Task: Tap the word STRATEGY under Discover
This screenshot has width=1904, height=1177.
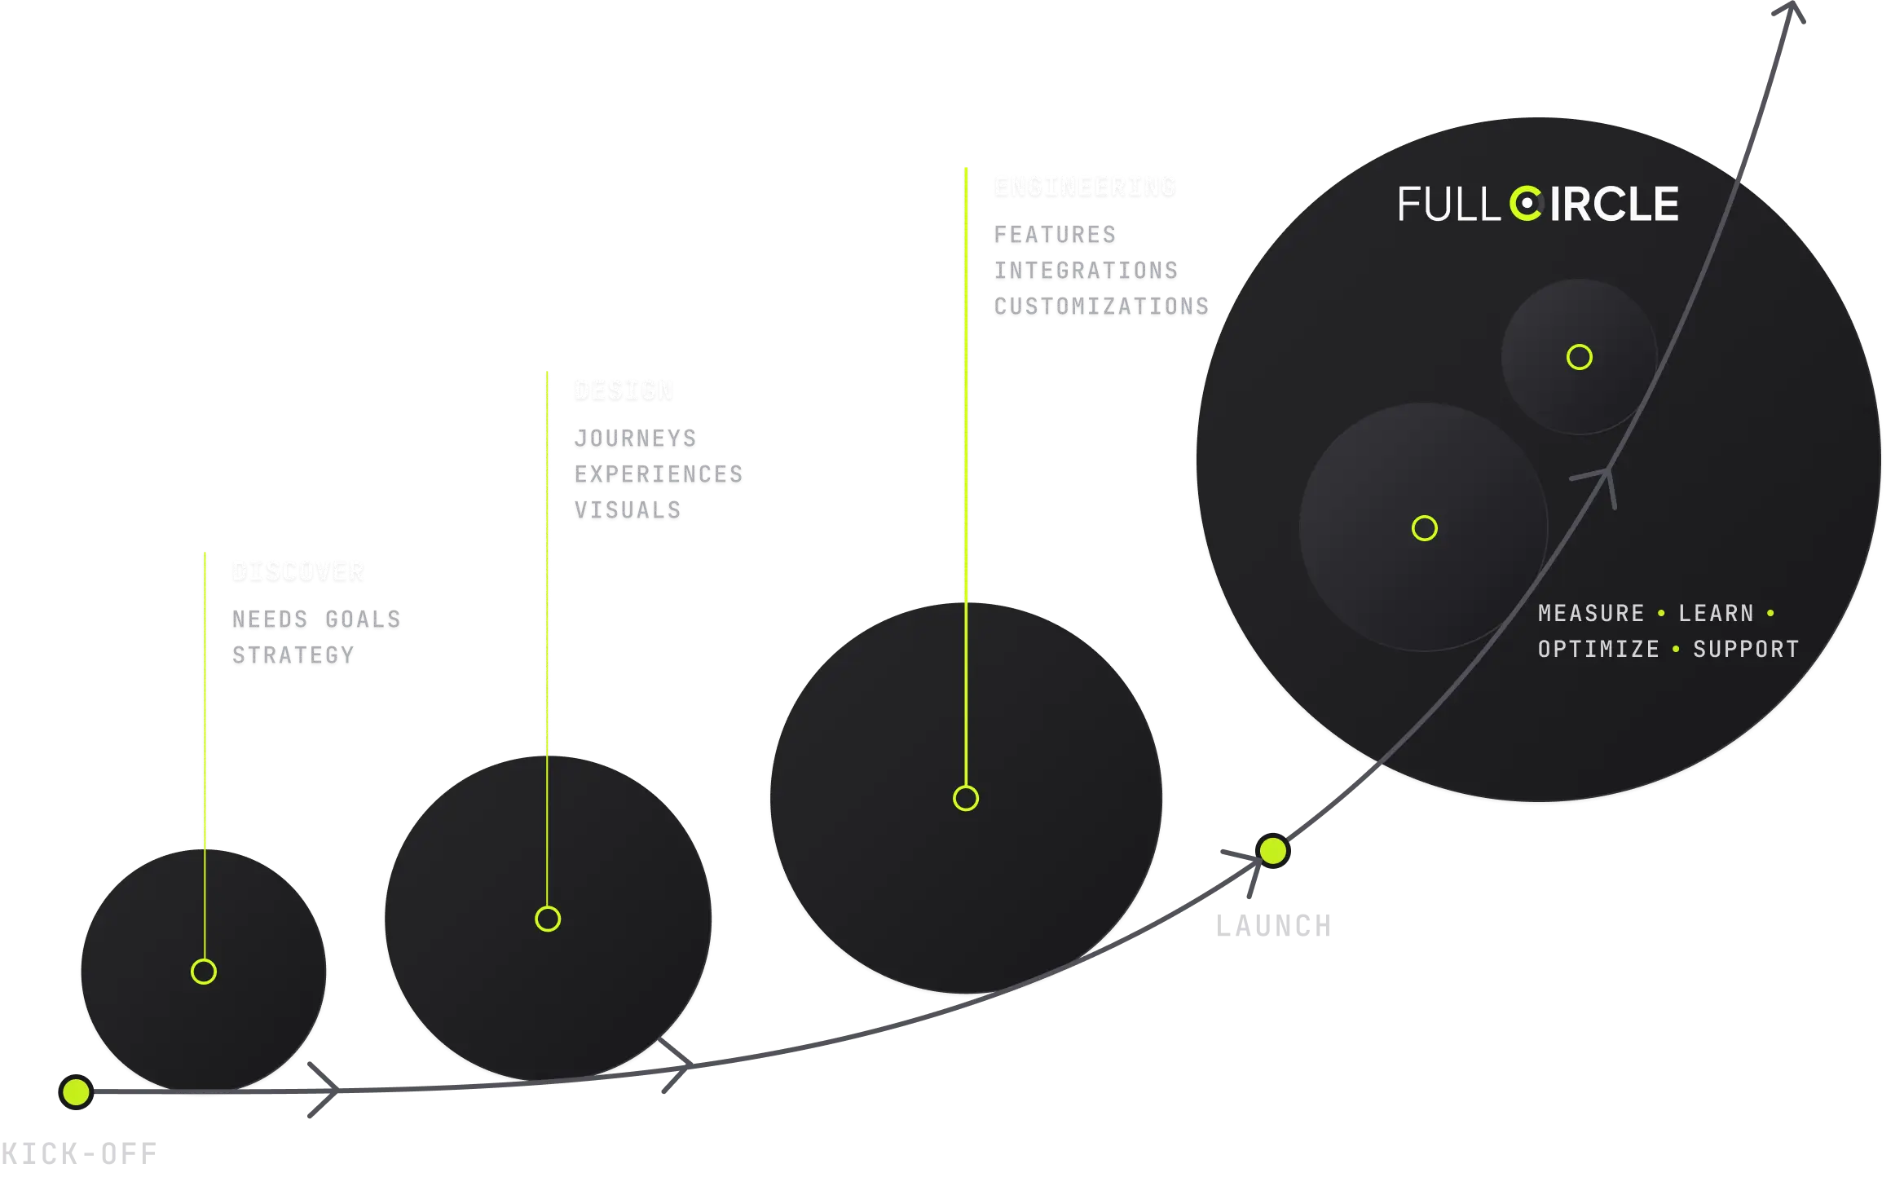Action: click(293, 655)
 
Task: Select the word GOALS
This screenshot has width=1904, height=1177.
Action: click(363, 619)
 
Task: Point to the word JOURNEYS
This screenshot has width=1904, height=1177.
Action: click(635, 438)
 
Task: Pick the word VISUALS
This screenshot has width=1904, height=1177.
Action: click(627, 509)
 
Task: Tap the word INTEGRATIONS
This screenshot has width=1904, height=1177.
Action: click(1085, 270)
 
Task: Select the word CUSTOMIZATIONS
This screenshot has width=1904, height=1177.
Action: click(1101, 306)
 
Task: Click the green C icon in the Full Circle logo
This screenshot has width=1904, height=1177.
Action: click(1525, 204)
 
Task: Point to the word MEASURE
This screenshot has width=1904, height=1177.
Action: click(1591, 613)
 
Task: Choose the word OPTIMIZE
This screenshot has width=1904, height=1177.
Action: click(1598, 649)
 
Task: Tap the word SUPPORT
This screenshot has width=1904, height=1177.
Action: click(1746, 649)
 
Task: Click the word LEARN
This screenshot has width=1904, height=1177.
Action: click(1716, 613)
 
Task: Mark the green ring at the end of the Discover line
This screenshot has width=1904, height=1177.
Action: click(204, 972)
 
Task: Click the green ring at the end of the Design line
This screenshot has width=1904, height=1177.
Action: click(548, 919)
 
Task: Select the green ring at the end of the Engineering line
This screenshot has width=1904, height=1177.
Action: click(966, 798)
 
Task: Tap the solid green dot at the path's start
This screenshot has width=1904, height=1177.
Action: click(76, 1091)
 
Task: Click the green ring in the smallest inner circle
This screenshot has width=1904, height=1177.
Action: click(1580, 357)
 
